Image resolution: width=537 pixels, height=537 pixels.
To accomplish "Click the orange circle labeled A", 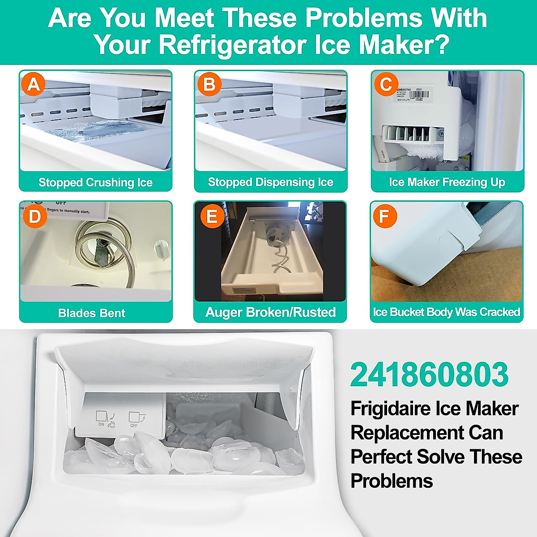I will (34, 84).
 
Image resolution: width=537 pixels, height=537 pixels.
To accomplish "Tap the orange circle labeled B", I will (209, 84).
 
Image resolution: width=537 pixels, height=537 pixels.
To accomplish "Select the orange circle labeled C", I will (386, 84).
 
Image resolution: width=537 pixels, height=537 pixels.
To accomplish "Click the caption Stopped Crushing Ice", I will (95, 183).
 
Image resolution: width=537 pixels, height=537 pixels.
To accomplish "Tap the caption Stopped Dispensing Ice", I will (270, 182).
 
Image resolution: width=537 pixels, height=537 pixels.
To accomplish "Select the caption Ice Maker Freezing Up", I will (447, 182).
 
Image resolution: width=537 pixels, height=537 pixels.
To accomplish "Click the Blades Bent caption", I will (92, 313).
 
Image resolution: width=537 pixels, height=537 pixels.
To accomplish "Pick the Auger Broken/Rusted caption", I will (270, 312).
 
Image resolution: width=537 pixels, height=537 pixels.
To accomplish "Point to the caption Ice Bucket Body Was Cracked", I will (447, 312).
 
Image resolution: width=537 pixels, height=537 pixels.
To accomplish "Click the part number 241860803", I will (429, 375).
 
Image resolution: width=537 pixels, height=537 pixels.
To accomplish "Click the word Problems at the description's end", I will (392, 481).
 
